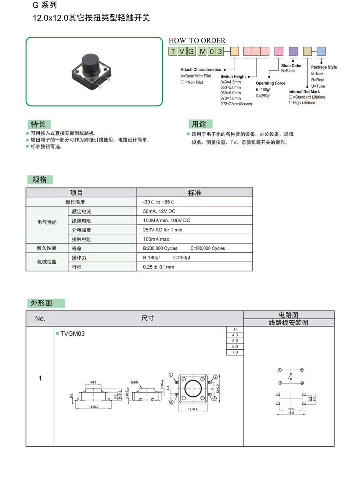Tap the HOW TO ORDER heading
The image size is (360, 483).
click(x=197, y=40)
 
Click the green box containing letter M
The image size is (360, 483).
click(x=202, y=51)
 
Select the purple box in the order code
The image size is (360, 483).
click(x=293, y=51)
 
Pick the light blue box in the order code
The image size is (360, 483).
click(x=321, y=51)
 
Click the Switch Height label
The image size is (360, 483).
click(x=233, y=76)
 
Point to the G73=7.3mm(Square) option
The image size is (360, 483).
click(x=236, y=104)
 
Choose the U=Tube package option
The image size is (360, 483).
click(x=318, y=86)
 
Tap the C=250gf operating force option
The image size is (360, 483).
click(x=263, y=96)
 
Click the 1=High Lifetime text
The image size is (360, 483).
click(x=302, y=103)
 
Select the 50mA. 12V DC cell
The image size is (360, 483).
click(x=159, y=211)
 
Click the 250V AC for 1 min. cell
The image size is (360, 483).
click(x=163, y=230)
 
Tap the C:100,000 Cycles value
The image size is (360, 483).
click(x=208, y=248)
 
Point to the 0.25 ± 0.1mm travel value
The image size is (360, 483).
click(x=158, y=267)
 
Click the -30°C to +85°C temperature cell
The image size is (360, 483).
click(x=158, y=202)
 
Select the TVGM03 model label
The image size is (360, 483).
click(x=72, y=334)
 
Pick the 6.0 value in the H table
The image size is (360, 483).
click(x=235, y=346)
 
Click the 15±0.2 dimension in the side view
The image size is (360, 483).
click(x=94, y=407)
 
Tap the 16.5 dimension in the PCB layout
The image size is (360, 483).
click(x=291, y=413)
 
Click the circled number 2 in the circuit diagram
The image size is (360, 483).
click(x=302, y=370)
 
